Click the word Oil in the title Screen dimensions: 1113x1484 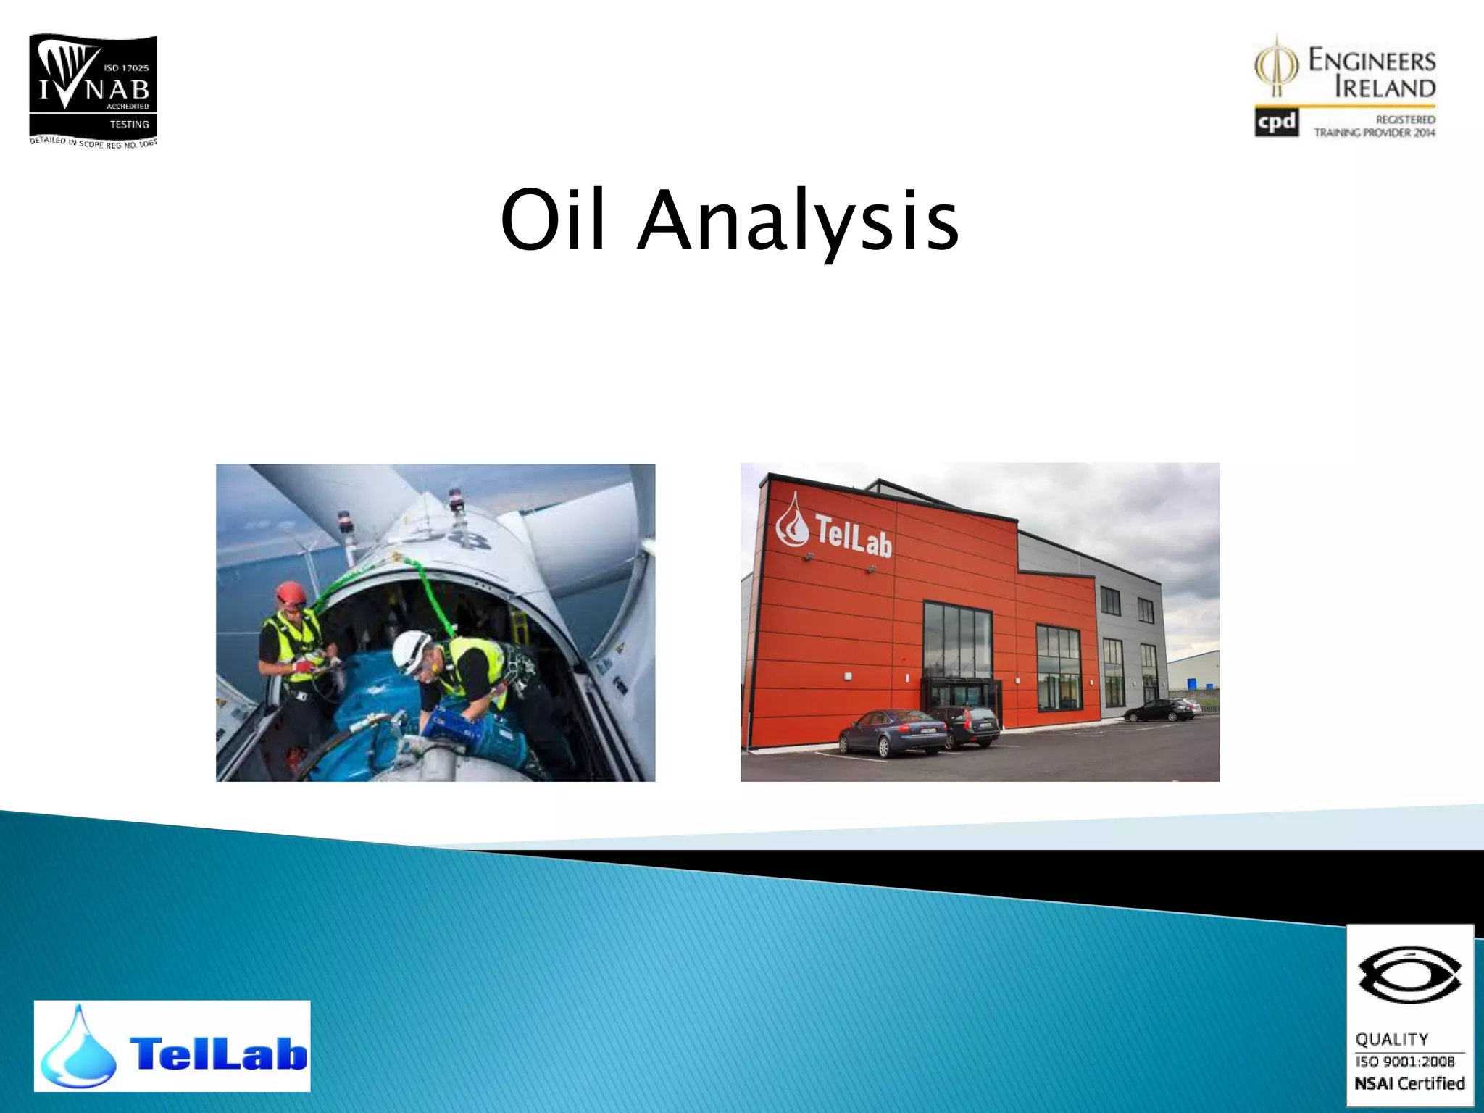[552, 220]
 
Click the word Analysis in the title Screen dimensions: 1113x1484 [799, 221]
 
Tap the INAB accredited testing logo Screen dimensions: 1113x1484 [93, 90]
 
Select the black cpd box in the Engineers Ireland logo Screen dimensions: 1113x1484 [1276, 122]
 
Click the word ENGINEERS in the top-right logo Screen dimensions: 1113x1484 [1372, 61]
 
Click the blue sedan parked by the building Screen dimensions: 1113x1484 [892, 732]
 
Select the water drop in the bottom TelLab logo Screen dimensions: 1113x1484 [78, 1051]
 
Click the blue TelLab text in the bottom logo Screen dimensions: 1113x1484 [217, 1052]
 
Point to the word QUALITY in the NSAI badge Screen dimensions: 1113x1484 [1392, 1040]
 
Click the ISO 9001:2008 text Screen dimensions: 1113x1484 [1405, 1062]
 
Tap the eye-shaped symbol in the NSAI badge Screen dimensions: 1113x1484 [1409, 975]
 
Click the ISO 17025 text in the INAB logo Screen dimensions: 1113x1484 [126, 68]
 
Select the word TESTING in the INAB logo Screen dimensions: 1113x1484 [129, 125]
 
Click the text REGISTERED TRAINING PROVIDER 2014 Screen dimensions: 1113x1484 [1375, 126]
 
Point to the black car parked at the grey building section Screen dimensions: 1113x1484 [1158, 710]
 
